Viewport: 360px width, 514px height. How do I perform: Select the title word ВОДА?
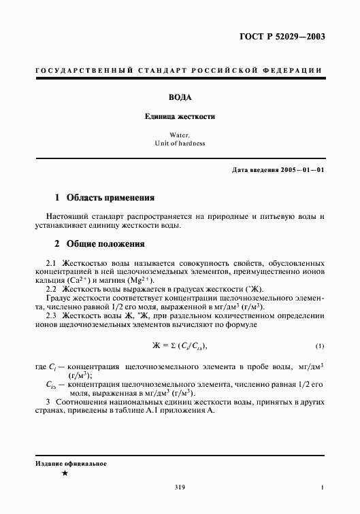click(180, 97)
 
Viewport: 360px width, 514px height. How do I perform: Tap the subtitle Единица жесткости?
click(180, 116)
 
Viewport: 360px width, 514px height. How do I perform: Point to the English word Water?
click(180, 135)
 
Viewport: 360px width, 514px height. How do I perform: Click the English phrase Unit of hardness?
click(180, 143)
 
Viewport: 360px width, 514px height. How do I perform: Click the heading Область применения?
click(110, 198)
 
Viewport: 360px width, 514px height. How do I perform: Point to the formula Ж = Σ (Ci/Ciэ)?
click(179, 344)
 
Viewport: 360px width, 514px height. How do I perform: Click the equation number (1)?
click(320, 345)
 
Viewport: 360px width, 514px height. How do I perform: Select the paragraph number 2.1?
click(50, 262)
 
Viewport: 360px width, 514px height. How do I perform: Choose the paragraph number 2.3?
click(50, 315)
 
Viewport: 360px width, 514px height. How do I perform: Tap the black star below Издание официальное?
click(64, 473)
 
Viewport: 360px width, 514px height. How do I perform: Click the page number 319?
click(180, 487)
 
